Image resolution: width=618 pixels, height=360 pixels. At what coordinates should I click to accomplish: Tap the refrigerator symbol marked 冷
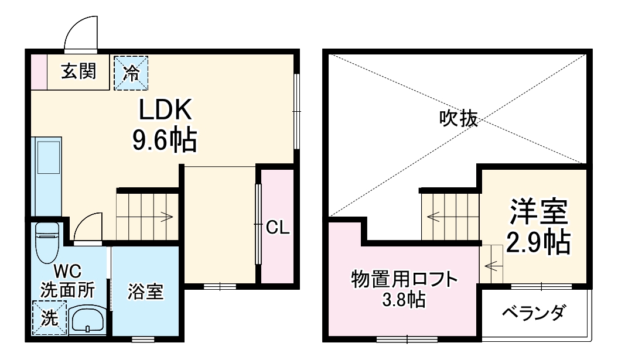pyautogui.click(x=131, y=73)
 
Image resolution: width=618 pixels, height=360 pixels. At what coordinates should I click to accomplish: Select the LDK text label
pyautogui.click(x=165, y=109)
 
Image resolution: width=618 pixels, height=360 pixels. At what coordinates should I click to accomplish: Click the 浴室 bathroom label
pyautogui.click(x=145, y=291)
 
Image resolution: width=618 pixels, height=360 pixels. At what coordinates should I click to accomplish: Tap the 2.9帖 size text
pyautogui.click(x=538, y=241)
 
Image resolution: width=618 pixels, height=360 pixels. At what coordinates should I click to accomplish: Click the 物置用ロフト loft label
pyautogui.click(x=404, y=279)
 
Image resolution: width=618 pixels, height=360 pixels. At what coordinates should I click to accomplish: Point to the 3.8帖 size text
pyautogui.click(x=404, y=301)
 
